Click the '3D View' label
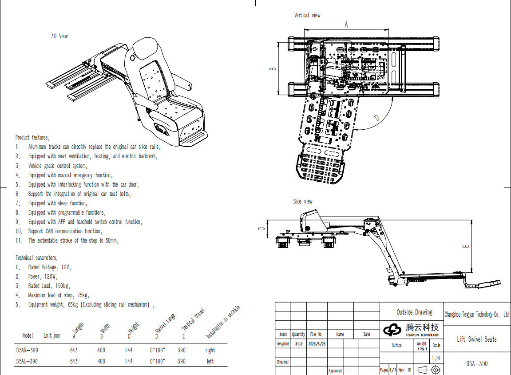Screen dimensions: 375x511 pyautogui.click(x=59, y=36)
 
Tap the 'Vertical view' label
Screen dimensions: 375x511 pyautogui.click(x=307, y=15)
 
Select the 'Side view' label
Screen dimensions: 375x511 pyautogui.click(x=302, y=201)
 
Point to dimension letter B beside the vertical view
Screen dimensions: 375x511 pyautogui.click(x=273, y=68)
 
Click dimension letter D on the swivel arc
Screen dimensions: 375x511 pyautogui.click(x=376, y=118)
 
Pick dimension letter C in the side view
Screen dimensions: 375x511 pyautogui.click(x=261, y=228)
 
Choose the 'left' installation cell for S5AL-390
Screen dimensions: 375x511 pyautogui.click(x=210, y=361)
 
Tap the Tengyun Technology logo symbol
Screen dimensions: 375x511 pyautogui.click(x=392, y=330)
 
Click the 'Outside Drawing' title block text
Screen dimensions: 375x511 pyautogui.click(x=414, y=312)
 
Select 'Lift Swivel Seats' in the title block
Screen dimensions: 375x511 pyautogui.click(x=477, y=339)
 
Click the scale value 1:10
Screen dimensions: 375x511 pyautogui.click(x=436, y=358)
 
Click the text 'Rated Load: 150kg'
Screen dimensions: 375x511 pyautogui.click(x=49, y=286)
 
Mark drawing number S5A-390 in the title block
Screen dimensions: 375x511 pyautogui.click(x=477, y=363)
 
